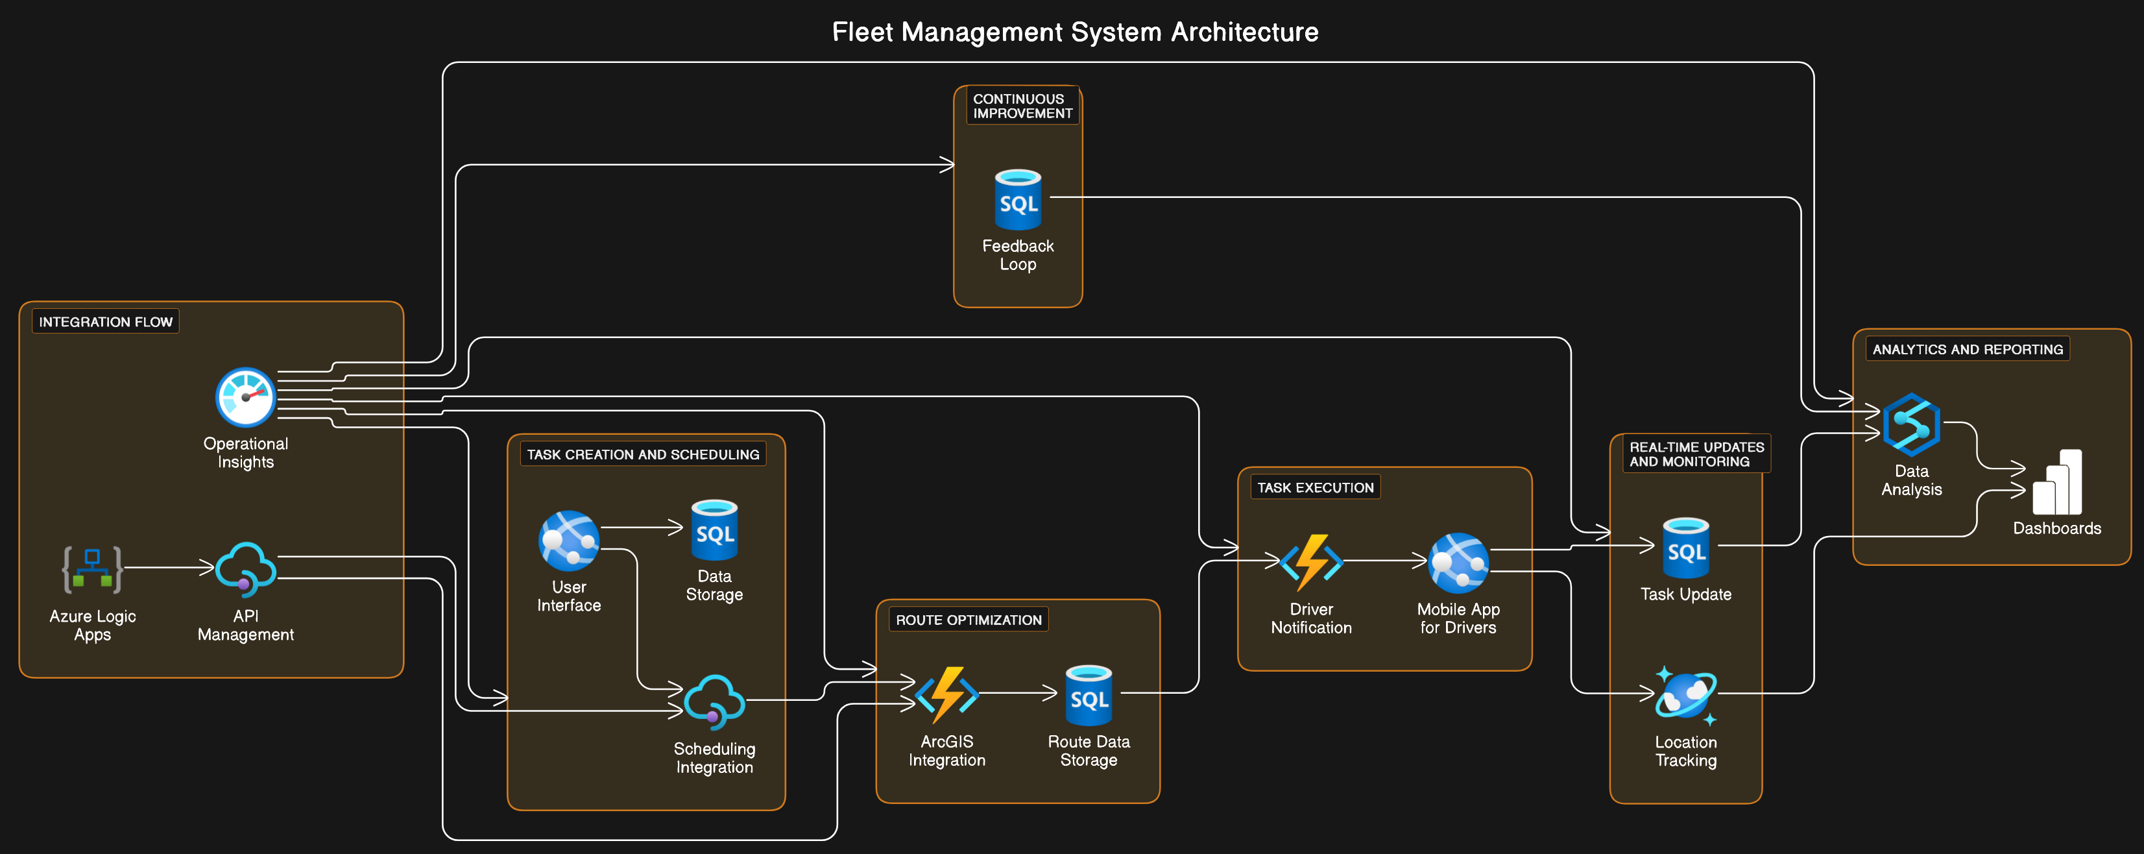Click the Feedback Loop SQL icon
(1018, 200)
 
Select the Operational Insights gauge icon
(245, 397)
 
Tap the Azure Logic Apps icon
(92, 569)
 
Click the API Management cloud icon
(245, 569)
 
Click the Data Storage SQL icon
(714, 530)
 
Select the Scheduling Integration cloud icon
(714, 701)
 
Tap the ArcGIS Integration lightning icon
(946, 694)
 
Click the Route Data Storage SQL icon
(1089, 695)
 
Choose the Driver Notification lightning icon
(1311, 562)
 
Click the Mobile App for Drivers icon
(1458, 563)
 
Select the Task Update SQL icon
(1685, 548)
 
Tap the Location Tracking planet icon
(1685, 695)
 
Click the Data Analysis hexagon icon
(1912, 424)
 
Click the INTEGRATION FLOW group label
(106, 321)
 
